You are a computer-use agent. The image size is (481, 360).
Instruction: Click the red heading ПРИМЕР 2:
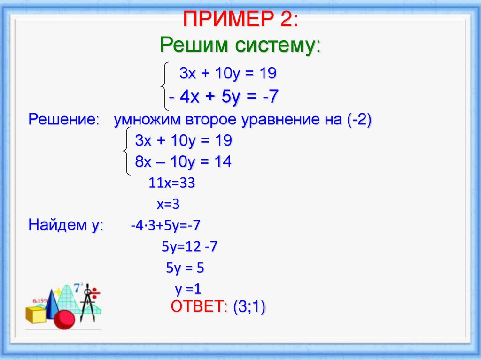tap(240, 20)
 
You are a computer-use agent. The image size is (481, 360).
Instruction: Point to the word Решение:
tap(63, 119)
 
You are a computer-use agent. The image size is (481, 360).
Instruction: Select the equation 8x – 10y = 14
tap(183, 162)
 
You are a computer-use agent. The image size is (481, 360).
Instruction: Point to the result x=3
tap(168, 205)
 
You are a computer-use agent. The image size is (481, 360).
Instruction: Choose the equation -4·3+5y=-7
tap(165, 225)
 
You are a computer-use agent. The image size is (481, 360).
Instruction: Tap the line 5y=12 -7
tap(189, 247)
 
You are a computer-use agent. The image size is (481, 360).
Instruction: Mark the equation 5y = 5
tap(185, 268)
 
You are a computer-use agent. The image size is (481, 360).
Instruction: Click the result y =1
tap(188, 290)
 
